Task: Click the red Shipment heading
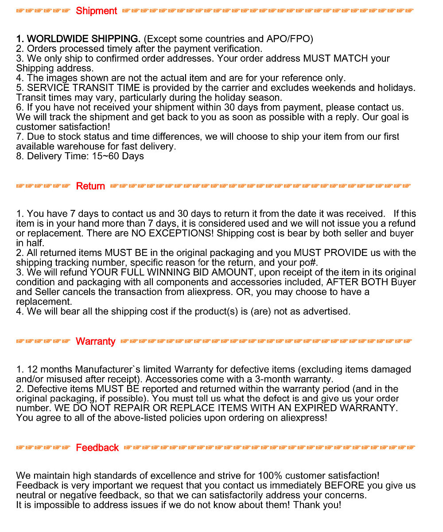point(96,11)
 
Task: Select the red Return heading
point(90,186)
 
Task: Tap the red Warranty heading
point(95,342)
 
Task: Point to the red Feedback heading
point(97,448)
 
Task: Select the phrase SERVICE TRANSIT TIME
point(83,88)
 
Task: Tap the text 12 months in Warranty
point(50,370)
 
